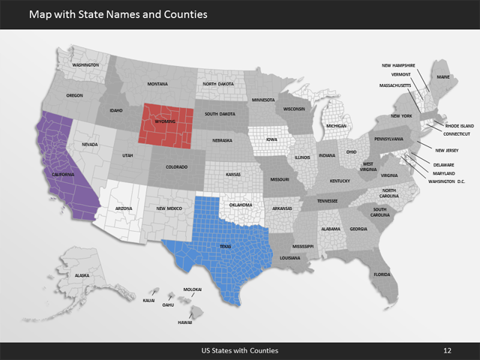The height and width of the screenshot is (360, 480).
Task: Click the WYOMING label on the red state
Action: click(x=165, y=120)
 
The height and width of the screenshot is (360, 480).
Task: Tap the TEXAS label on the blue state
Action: click(x=226, y=246)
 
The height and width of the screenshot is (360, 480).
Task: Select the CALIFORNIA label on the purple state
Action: click(x=62, y=174)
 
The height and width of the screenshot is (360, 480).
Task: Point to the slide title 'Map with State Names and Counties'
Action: click(x=118, y=14)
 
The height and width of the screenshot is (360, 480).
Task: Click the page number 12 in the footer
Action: click(x=447, y=350)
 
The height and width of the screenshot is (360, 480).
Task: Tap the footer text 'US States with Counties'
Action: click(x=240, y=350)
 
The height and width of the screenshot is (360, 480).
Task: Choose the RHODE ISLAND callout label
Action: click(x=459, y=125)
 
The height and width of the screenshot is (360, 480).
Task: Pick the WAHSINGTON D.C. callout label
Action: click(x=448, y=181)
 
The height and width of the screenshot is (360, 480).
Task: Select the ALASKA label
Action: click(x=82, y=276)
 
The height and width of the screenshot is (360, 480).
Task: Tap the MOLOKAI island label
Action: click(x=193, y=289)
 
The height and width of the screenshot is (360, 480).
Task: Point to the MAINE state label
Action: click(x=443, y=77)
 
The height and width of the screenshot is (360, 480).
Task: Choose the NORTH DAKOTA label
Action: click(x=220, y=84)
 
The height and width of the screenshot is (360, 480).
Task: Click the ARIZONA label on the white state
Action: click(x=124, y=208)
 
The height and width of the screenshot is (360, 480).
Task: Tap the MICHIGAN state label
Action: click(x=337, y=126)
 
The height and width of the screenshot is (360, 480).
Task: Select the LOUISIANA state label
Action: click(x=290, y=257)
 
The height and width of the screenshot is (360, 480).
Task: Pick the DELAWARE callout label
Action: click(x=443, y=164)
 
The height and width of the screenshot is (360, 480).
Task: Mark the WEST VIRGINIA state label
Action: click(x=369, y=166)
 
